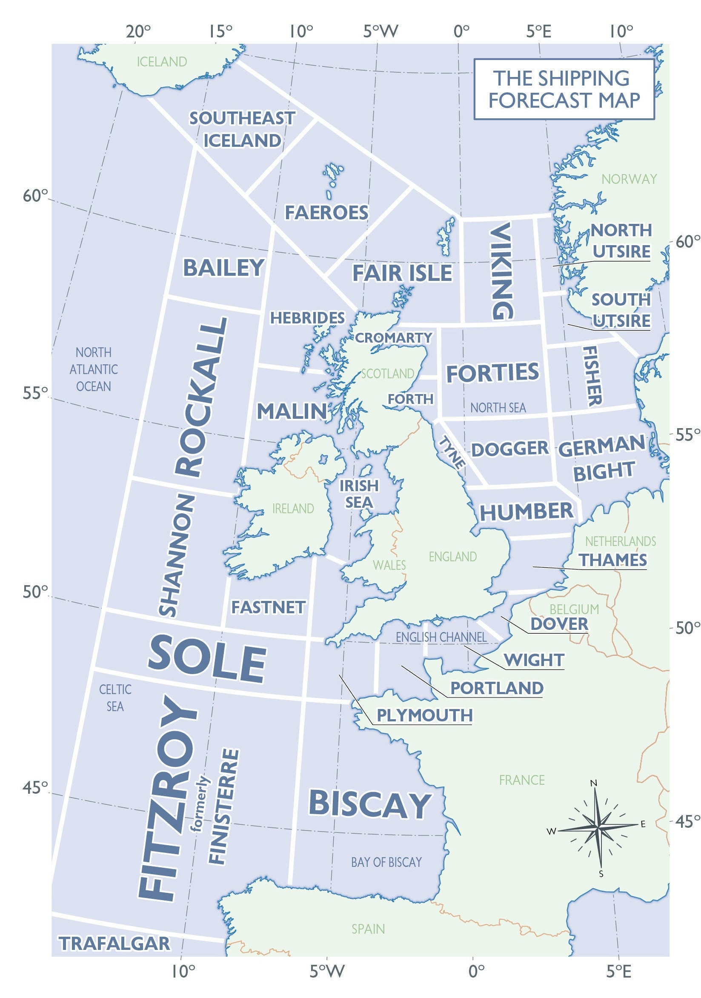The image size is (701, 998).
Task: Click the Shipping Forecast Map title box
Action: point(564,89)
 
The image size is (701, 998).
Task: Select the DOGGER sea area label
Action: point(510,449)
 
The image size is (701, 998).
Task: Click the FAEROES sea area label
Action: point(326,212)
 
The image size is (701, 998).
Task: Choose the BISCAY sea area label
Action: point(370,804)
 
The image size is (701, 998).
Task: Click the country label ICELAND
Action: point(162,62)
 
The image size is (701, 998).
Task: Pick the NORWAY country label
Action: point(629,179)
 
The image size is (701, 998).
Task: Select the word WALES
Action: point(389,565)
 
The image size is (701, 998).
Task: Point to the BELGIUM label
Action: point(574,609)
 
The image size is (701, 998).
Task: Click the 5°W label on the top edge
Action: point(381,31)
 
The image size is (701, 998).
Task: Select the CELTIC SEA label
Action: point(115,698)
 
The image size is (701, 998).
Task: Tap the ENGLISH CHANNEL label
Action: point(441,637)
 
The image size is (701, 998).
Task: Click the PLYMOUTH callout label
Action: point(424,715)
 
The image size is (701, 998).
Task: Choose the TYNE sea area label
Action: point(452,452)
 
